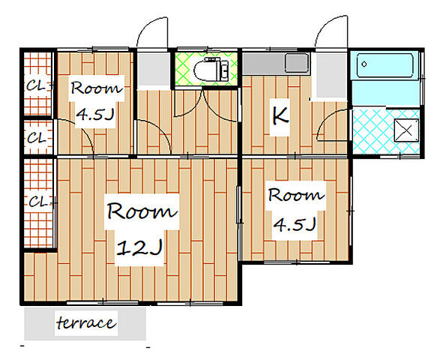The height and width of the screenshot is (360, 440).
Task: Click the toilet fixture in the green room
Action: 212,69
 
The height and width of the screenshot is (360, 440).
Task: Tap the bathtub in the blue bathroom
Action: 385,65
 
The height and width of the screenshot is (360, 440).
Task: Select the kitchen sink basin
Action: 297,62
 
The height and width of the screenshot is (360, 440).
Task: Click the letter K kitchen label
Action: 280,115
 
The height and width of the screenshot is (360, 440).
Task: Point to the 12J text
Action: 139,247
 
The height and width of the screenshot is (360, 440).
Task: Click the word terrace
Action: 86,323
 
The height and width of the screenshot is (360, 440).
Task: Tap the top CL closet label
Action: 36,85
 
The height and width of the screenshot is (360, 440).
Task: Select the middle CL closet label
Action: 36,138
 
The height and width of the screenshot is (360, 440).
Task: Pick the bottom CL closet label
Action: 38,201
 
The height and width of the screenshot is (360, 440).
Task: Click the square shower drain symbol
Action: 406,130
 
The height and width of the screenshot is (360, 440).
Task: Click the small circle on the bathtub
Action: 364,64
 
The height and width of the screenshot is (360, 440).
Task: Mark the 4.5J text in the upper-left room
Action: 95,114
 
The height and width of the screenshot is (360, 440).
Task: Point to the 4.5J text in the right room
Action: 295,224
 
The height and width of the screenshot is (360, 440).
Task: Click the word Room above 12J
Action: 142,211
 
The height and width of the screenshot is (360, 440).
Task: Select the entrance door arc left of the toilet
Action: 152,31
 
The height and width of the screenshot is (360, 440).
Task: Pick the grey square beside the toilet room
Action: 154,70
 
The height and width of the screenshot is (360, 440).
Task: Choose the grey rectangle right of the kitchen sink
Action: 331,75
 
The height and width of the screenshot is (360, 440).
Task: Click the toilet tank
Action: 223,69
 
